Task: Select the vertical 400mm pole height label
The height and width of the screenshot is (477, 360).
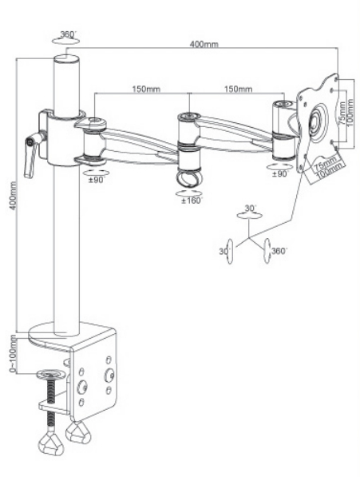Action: (x=13, y=196)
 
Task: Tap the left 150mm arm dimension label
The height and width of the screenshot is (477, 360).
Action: (x=146, y=89)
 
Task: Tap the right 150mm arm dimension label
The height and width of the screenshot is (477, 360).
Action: (x=238, y=89)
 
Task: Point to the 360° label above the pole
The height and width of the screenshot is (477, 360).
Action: (x=67, y=34)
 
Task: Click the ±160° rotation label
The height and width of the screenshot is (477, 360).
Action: (x=192, y=201)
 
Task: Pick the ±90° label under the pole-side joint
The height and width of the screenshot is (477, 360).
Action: (x=97, y=180)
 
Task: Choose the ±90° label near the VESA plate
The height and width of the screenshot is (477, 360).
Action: (x=279, y=174)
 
